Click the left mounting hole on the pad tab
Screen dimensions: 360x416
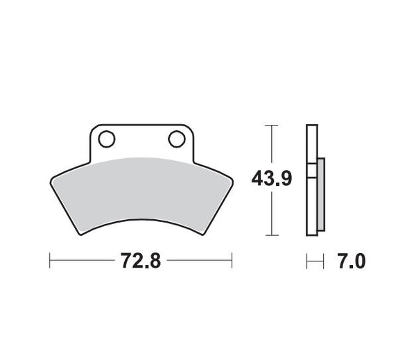(x=106, y=139)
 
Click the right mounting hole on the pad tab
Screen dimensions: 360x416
(x=177, y=139)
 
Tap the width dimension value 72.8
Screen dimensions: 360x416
(x=141, y=261)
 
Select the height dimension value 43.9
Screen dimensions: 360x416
(x=271, y=179)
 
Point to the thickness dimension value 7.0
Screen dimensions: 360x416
(x=351, y=261)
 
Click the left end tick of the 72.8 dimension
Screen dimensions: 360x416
(x=50, y=261)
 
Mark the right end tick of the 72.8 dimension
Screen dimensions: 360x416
(x=232, y=261)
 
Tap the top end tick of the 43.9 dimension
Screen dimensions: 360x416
(x=271, y=126)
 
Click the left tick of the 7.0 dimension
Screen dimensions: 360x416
(x=306, y=261)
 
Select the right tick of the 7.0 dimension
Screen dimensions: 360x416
(x=324, y=261)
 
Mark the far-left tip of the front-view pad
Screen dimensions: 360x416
(x=51, y=182)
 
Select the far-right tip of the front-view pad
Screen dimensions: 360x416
(x=232, y=182)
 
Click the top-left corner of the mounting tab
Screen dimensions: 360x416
(x=93, y=127)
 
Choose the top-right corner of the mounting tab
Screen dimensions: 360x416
(x=191, y=127)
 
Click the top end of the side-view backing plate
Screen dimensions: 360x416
(x=311, y=126)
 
